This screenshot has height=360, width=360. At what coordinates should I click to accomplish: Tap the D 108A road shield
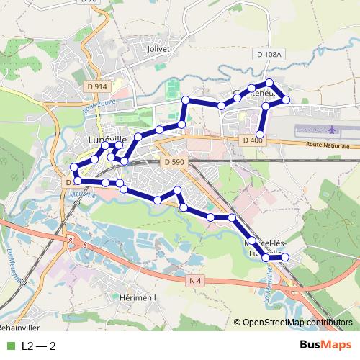click(x=270, y=54)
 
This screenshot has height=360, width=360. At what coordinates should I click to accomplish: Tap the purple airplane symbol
click(x=332, y=130)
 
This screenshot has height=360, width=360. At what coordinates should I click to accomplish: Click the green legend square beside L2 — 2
click(x=9, y=346)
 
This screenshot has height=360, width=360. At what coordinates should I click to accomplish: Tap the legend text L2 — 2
click(x=39, y=346)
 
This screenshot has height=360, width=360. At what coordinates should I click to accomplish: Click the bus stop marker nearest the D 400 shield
click(x=261, y=135)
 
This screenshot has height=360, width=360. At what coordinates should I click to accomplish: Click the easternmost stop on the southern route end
click(x=284, y=257)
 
